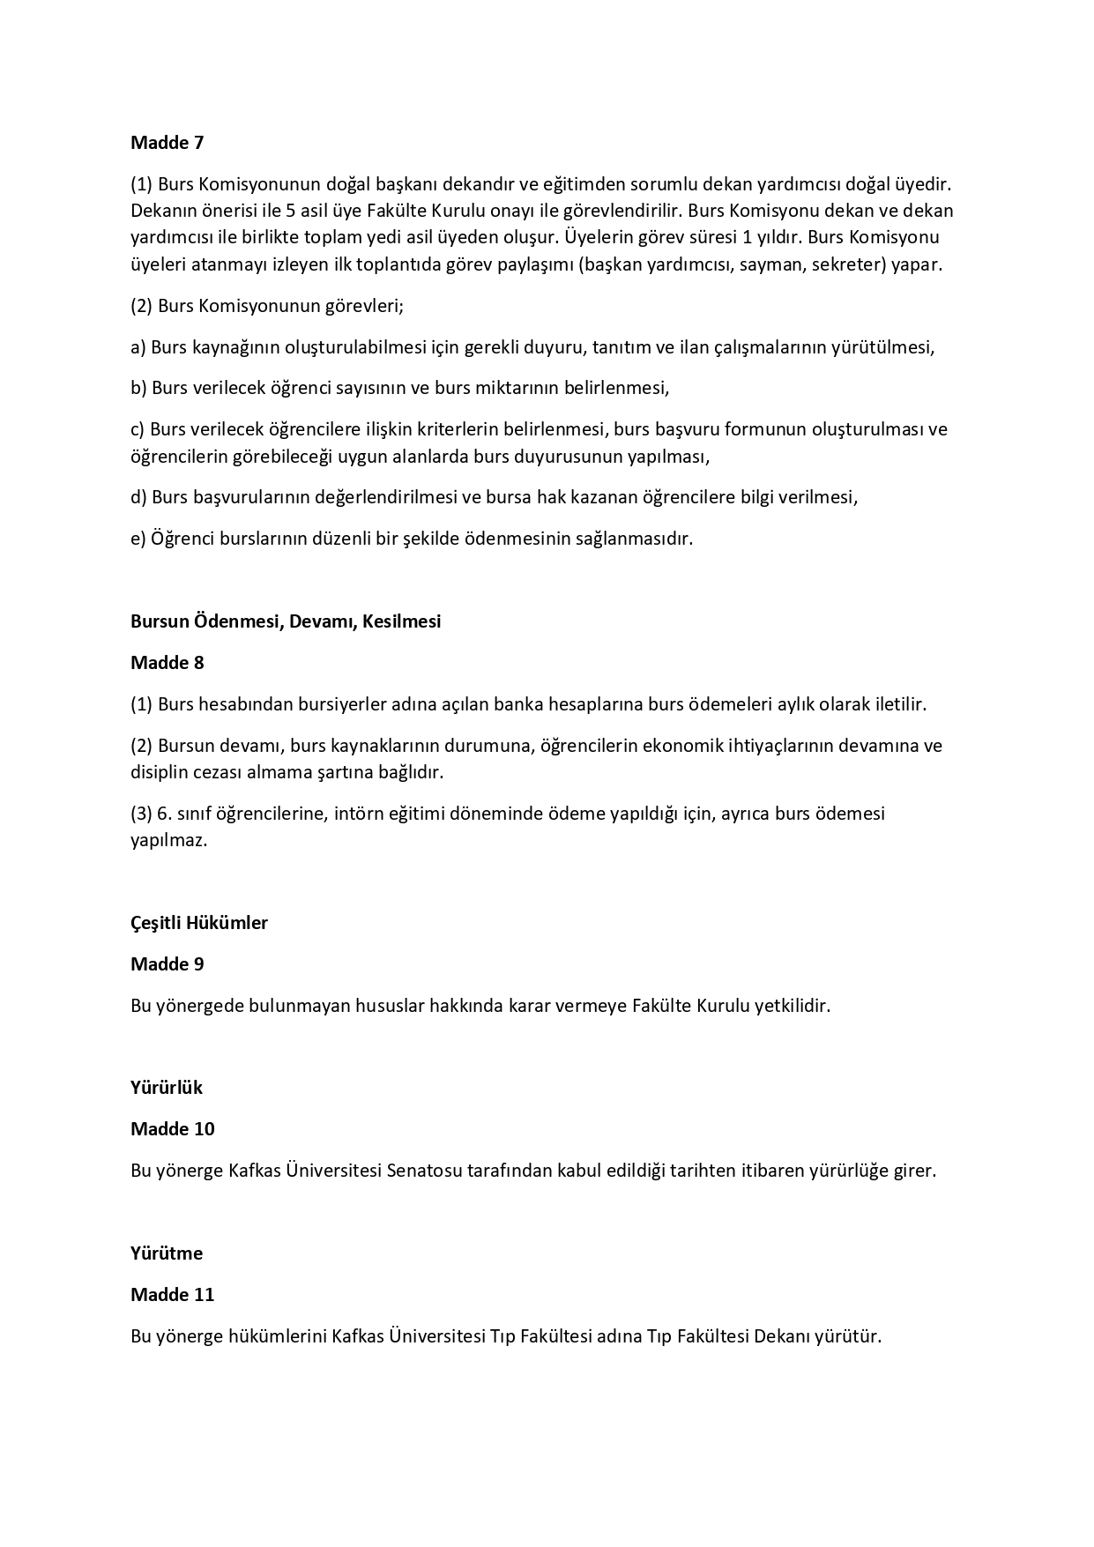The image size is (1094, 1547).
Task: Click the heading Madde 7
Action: click(167, 143)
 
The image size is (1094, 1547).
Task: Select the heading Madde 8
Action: click(167, 663)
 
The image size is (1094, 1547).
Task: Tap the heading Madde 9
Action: click(167, 964)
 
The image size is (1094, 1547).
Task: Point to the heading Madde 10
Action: click(173, 1129)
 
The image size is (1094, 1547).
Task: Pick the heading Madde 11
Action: click(173, 1295)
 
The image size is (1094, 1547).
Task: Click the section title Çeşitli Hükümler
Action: click(199, 923)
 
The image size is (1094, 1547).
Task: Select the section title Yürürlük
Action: click(167, 1088)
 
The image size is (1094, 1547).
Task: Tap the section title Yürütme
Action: click(167, 1253)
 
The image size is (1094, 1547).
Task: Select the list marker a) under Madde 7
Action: click(138, 347)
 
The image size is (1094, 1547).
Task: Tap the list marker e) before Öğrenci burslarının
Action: click(138, 539)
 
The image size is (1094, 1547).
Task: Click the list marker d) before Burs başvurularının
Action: click(138, 497)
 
